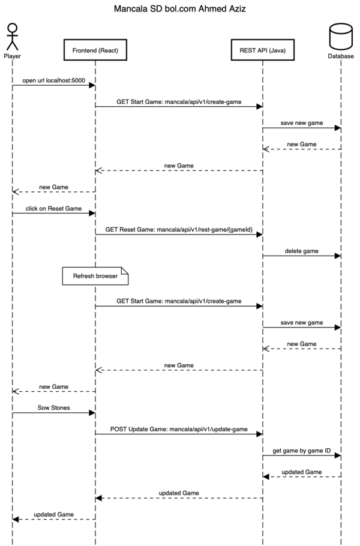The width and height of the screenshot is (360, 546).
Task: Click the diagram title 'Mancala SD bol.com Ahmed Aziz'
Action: (x=179, y=10)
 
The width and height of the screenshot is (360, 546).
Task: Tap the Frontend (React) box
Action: (x=95, y=50)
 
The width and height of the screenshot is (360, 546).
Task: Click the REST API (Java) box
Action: (x=262, y=50)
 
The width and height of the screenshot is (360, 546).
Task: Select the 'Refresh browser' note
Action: (x=95, y=276)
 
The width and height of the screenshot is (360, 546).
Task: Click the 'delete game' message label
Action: (x=302, y=250)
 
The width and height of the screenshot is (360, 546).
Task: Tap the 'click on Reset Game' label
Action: (x=53, y=207)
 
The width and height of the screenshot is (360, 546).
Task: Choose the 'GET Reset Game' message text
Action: (x=179, y=229)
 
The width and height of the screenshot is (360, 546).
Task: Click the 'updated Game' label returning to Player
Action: (x=53, y=514)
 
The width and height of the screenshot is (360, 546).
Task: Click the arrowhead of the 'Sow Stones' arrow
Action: (x=92, y=412)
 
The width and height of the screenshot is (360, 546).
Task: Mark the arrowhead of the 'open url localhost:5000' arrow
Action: (x=92, y=86)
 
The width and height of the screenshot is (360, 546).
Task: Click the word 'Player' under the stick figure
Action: (x=12, y=56)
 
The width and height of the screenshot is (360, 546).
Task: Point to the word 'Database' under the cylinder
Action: (x=340, y=56)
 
